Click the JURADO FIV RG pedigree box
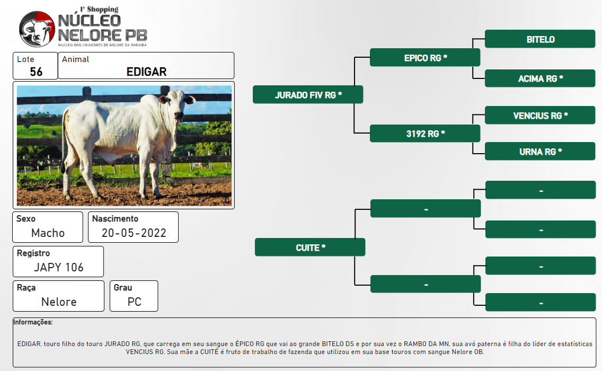coord(308,94)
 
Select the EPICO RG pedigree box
coord(425,58)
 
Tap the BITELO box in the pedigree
coord(540,39)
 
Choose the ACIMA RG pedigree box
coord(540,78)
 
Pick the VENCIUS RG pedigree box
coord(540,115)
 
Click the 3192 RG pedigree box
coord(425,133)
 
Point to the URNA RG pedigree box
coord(540,152)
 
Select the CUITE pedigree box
coord(310,248)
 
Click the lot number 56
coord(36,72)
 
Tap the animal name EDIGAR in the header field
coord(146,72)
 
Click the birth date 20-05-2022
coord(134,233)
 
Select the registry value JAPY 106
coord(58,267)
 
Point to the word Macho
coord(48,233)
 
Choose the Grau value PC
coord(135,302)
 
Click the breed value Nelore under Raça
coord(59,302)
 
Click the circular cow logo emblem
coord(37,29)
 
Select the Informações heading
coord(33,322)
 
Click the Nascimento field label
coord(115,218)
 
